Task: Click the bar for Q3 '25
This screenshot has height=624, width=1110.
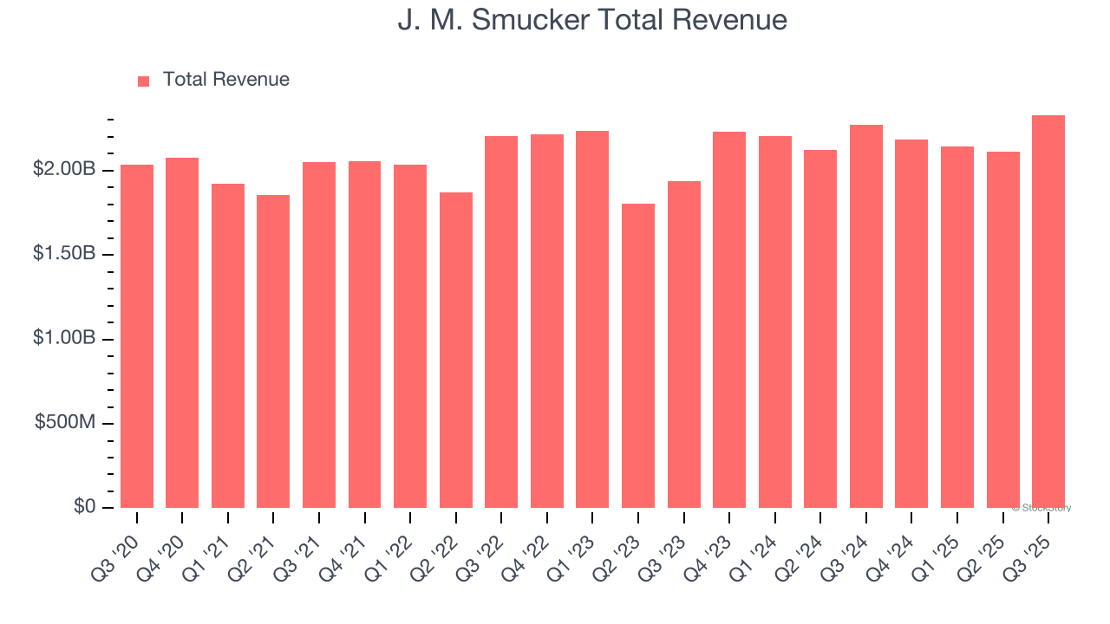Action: point(1048,312)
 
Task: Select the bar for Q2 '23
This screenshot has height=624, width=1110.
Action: point(638,355)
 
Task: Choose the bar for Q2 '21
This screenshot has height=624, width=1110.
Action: point(273,351)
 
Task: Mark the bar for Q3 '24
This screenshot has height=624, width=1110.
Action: point(866,316)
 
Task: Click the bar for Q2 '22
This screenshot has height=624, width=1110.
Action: point(456,350)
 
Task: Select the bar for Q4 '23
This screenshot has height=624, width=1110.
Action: point(729,320)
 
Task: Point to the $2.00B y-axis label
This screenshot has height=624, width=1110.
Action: point(64,170)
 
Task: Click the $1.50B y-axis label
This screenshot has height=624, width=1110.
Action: point(64,255)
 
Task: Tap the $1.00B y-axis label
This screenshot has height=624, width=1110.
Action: point(64,339)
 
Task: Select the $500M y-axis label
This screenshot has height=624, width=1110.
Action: point(66,423)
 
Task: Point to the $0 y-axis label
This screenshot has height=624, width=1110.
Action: point(84,507)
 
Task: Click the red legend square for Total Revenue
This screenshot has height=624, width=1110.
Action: point(144,81)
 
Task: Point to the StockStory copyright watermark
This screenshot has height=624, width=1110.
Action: point(1041,508)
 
